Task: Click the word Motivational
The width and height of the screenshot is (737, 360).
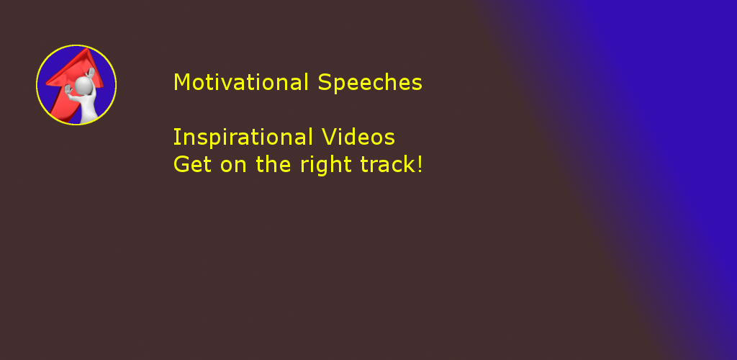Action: [x=240, y=82]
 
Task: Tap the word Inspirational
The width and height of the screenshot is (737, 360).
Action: [x=243, y=138]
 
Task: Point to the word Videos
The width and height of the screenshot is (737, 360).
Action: [x=358, y=138]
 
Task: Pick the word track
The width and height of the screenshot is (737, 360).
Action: [x=386, y=164]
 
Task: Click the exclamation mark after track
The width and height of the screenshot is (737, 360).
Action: [x=420, y=164]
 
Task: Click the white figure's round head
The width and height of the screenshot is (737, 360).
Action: [x=83, y=86]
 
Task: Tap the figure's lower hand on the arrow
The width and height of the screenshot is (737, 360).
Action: [x=68, y=90]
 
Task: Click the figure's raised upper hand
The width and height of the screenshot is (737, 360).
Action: [x=91, y=73]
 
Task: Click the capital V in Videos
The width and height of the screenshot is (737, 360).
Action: [x=329, y=138]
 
